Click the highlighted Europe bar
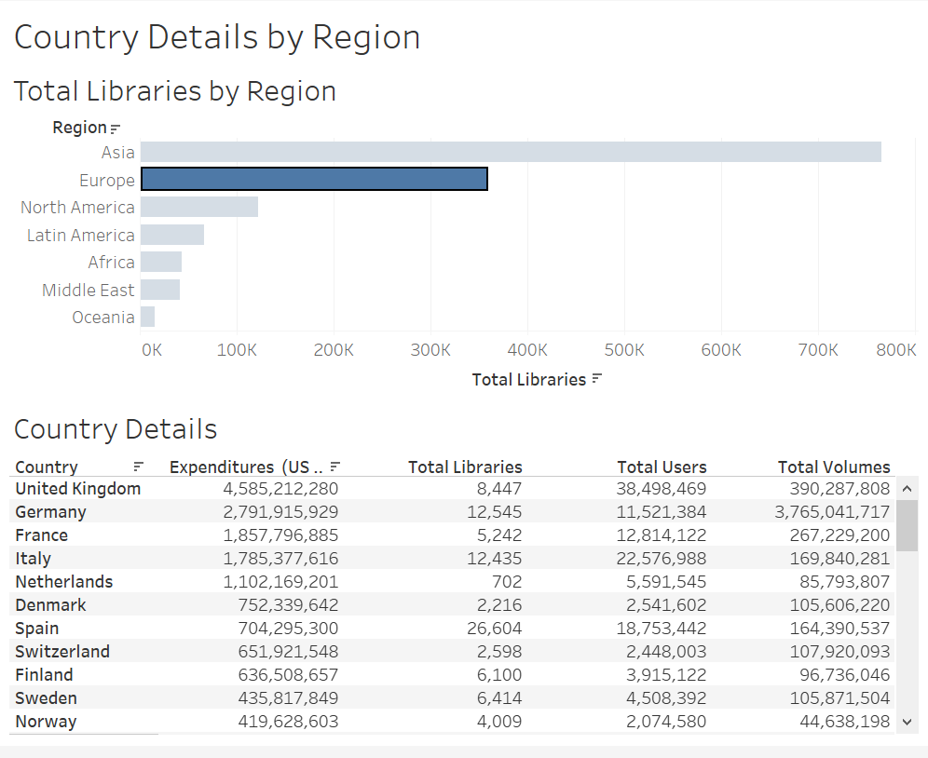coord(314,180)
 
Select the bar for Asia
coord(511,152)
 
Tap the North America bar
coord(199,207)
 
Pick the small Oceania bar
coord(147,317)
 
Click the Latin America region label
coord(81,235)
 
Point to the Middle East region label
coord(89,290)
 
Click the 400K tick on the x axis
coord(527,350)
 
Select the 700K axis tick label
coord(817,350)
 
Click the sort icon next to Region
coord(116,129)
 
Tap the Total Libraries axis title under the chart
coord(529,379)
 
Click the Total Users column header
coord(662,467)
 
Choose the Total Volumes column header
coord(834,467)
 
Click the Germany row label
coord(50,511)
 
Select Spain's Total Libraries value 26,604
coord(494,628)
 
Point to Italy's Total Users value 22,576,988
coord(662,558)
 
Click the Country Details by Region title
coord(217,37)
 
